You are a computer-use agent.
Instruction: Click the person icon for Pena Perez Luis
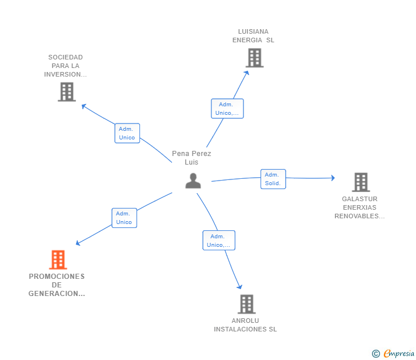coord(193,181)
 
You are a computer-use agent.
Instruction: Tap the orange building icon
coord(58,260)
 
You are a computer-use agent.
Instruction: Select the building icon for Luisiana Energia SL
coord(254,58)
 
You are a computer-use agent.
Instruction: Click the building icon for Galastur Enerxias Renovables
coord(361,182)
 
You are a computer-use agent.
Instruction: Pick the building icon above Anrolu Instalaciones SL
coord(247,304)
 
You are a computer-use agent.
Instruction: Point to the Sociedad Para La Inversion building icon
coord(67,92)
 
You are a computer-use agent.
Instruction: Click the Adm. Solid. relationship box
coord(273,179)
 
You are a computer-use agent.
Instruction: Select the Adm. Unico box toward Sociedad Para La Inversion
coord(127,133)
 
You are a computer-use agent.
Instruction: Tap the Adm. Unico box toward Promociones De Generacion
coord(124,218)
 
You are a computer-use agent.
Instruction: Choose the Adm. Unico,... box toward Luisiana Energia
coord(227,109)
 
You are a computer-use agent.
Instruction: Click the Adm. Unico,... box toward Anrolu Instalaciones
coord(219,241)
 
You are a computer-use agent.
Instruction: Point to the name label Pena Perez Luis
coord(191,158)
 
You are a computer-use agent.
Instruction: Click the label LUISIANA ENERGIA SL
coord(253,36)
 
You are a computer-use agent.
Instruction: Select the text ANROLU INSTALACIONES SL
coord(245,325)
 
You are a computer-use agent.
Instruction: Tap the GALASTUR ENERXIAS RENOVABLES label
coord(359,207)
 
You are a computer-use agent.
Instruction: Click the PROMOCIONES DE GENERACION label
coord(57,285)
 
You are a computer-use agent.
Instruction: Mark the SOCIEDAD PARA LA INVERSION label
coord(66,66)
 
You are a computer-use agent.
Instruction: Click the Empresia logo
coord(393,353)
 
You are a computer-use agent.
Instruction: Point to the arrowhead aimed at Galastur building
coord(333,178)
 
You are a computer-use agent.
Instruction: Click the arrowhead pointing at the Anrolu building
coord(239,286)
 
